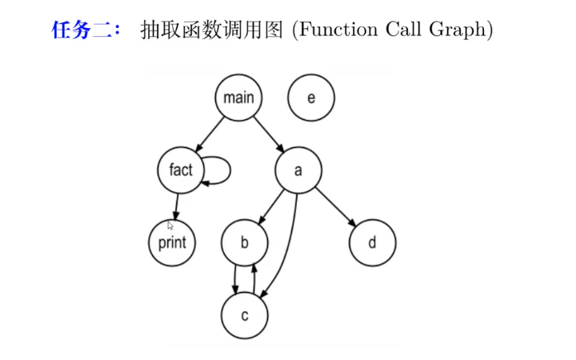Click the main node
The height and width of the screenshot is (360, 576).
tap(238, 98)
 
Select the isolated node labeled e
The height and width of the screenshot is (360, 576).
tap(310, 98)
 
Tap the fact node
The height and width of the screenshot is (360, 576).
tap(182, 170)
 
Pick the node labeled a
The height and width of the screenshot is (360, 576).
tap(298, 170)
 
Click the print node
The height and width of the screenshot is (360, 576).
tap(172, 242)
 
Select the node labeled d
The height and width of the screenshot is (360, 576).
tap(372, 242)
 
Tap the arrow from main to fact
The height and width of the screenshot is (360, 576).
tap(209, 134)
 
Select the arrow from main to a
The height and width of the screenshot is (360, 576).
tap(269, 134)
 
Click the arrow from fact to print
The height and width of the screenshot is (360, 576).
tap(176, 206)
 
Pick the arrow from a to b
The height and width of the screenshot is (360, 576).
tap(271, 206)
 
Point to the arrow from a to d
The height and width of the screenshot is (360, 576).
tap(335, 206)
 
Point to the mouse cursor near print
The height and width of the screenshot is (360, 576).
tap(170, 226)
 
